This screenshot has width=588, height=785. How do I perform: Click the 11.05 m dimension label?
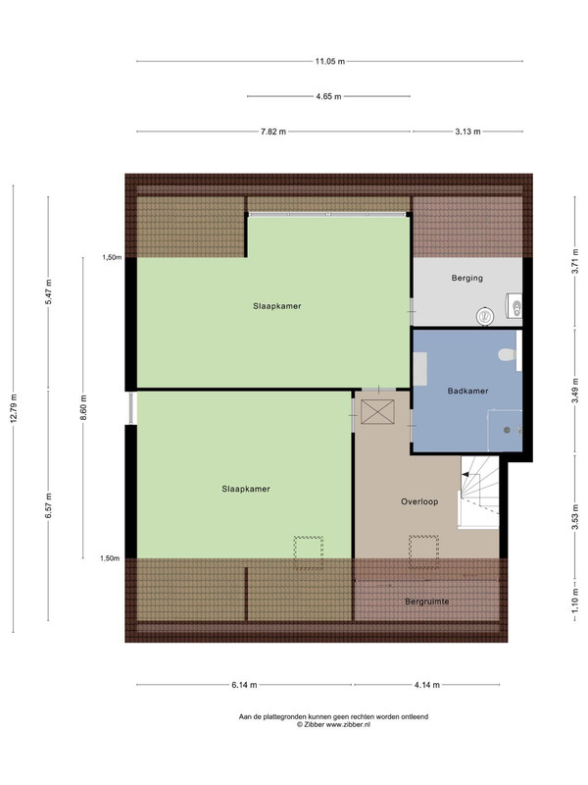(x=329, y=62)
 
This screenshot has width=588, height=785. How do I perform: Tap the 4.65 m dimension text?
(x=328, y=96)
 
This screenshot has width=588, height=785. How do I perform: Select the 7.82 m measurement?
(x=273, y=131)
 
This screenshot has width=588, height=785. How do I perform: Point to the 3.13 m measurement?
(x=467, y=131)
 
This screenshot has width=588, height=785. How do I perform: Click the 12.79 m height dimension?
(x=14, y=408)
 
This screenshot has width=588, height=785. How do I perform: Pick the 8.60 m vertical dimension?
(x=83, y=408)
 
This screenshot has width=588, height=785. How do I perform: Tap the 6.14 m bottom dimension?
(x=244, y=685)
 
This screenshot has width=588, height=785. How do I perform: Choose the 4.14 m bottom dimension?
(x=427, y=685)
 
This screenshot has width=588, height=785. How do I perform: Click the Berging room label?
(x=467, y=278)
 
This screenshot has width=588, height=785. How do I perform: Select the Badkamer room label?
(x=468, y=391)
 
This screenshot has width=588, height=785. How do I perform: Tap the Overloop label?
(x=419, y=501)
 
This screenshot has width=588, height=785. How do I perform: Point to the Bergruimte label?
(x=427, y=602)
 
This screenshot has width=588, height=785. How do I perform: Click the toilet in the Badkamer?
(x=508, y=354)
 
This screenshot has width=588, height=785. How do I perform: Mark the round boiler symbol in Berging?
(x=485, y=316)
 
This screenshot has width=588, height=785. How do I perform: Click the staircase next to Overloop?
(x=479, y=493)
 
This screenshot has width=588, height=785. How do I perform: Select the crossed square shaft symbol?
(x=377, y=411)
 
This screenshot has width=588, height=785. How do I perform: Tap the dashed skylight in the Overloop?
(x=423, y=552)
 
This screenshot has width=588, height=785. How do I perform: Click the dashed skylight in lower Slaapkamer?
(x=308, y=552)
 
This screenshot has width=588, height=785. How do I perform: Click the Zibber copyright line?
(x=333, y=724)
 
